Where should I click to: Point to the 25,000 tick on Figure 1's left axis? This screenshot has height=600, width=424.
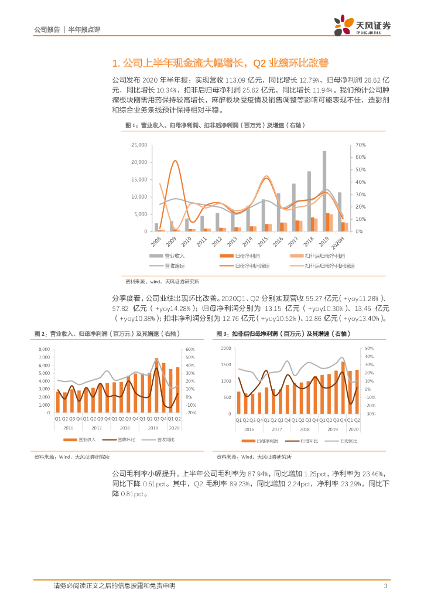139,145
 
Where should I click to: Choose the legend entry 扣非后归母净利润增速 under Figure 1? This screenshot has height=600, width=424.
330,265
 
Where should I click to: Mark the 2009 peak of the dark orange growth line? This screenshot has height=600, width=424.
174,161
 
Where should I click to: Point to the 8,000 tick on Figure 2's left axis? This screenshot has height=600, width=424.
44,349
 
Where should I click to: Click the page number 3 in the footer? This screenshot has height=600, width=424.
385,587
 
